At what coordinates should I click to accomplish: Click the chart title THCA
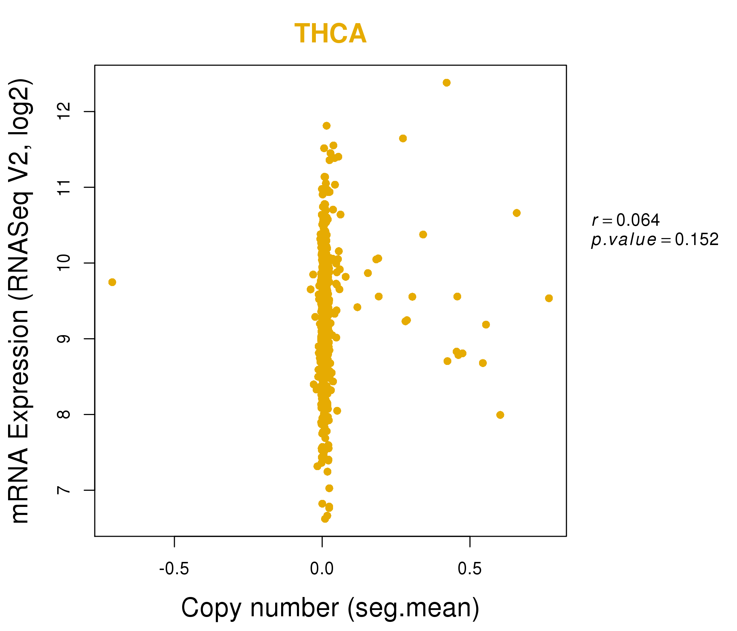(331, 34)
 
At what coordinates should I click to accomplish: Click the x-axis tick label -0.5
(174, 569)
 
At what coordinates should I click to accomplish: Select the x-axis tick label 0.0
(322, 569)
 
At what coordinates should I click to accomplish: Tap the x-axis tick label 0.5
(470, 569)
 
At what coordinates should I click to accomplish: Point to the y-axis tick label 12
(64, 111)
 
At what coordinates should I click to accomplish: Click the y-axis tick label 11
(64, 187)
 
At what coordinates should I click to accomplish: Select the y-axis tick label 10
(64, 263)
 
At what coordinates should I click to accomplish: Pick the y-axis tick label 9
(64, 339)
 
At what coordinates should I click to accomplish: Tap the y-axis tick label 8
(64, 414)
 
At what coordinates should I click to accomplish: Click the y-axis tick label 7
(64, 490)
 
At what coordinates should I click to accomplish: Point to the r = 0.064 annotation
(626, 220)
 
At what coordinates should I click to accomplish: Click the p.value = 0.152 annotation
(655, 240)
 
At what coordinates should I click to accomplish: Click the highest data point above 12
(447, 83)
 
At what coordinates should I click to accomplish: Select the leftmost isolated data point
(112, 282)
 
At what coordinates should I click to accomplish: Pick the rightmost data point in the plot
(549, 298)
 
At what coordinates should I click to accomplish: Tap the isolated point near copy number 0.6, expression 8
(500, 415)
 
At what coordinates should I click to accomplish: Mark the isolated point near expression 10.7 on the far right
(517, 213)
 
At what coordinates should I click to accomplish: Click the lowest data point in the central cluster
(325, 519)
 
